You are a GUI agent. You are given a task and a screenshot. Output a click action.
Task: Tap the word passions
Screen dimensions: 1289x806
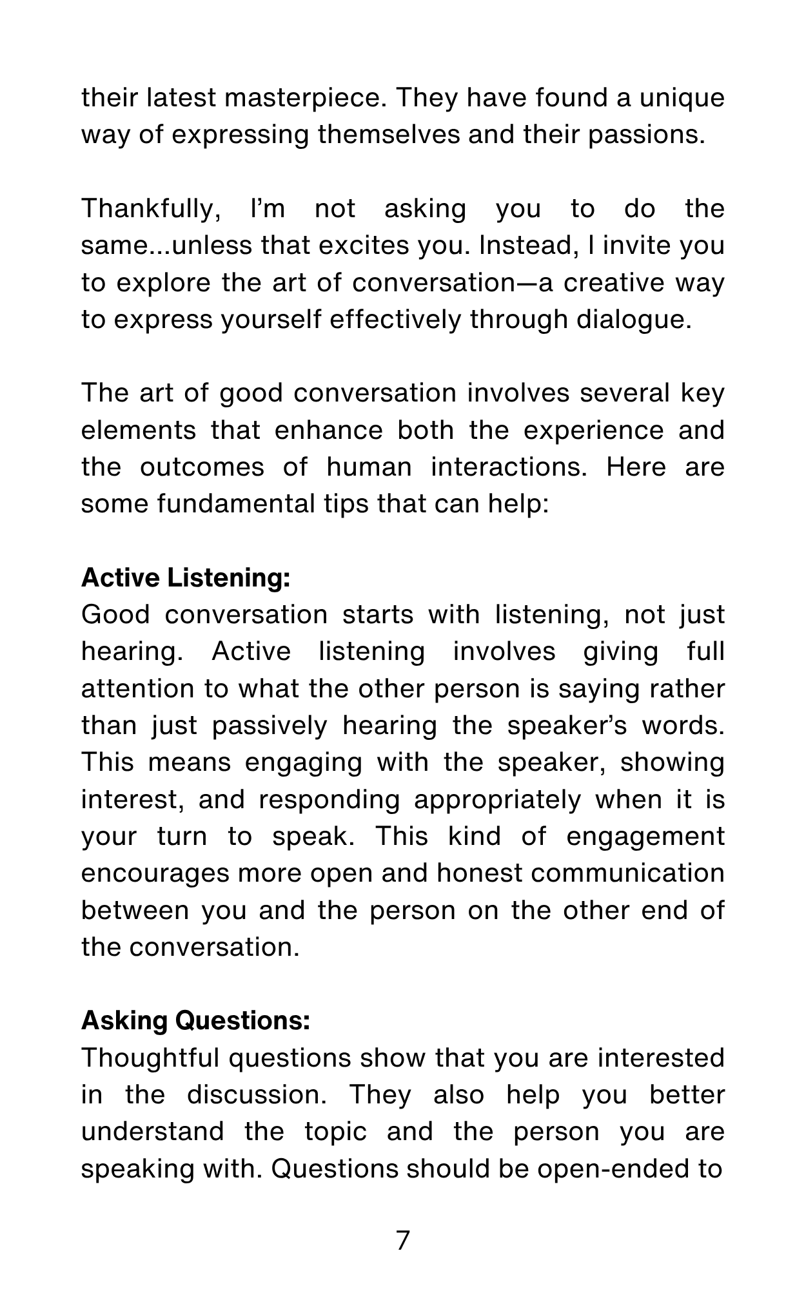tap(646, 135)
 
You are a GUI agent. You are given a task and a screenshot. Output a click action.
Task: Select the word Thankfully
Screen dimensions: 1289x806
tap(150, 209)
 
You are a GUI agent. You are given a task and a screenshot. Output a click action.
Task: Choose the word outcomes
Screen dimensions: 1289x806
tap(202, 467)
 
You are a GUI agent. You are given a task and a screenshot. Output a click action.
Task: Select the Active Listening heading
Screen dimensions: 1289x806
tap(186, 578)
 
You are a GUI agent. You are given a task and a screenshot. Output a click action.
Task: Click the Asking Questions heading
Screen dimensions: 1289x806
tap(196, 1021)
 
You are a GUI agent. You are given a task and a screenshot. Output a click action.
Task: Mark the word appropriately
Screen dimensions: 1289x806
tap(497, 800)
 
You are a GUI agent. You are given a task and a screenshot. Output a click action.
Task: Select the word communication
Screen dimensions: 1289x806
tap(628, 874)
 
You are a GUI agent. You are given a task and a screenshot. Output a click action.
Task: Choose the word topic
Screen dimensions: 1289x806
tap(336, 1132)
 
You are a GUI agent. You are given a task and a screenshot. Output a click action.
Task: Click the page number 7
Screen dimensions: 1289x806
tap(402, 1241)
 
